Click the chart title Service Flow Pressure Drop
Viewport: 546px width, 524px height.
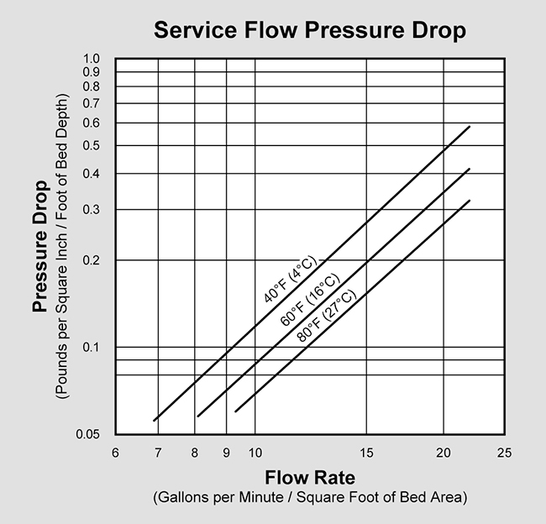(308, 31)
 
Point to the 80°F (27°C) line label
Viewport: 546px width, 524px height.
(326, 316)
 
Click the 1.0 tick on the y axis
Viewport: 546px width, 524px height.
(92, 59)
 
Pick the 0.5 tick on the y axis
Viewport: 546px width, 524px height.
(92, 146)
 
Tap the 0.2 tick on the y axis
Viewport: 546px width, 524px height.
(92, 260)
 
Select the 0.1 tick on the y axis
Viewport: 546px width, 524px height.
(92, 347)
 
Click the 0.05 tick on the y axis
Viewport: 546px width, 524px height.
(88, 434)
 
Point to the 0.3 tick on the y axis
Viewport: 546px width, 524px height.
(92, 209)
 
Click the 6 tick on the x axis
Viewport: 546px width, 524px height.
(115, 452)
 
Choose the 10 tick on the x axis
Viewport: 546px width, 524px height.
(255, 452)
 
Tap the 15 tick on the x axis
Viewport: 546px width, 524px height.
(365, 452)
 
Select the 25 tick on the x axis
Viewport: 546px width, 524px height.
(504, 452)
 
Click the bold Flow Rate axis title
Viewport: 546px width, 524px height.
(308, 479)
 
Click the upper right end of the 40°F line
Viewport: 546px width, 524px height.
(470, 126)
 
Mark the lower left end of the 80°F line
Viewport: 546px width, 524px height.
(235, 411)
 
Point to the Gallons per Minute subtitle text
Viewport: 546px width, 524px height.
(308, 498)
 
